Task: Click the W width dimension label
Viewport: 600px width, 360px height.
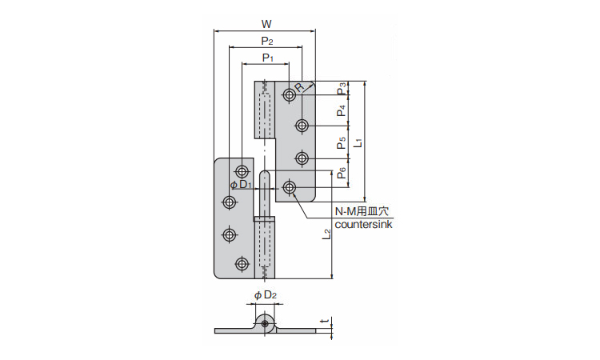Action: point(265,23)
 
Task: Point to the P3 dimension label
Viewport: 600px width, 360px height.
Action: point(342,88)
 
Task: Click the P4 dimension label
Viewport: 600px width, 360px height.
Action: point(342,110)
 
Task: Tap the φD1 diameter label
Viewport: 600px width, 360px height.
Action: point(241,186)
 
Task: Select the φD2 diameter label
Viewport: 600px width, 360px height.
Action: point(265,295)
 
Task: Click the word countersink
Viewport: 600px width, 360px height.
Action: point(363,225)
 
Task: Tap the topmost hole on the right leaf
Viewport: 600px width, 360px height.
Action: point(289,95)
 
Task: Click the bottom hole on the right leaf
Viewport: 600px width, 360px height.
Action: point(289,188)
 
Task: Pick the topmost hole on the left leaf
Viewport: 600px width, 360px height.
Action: point(242,172)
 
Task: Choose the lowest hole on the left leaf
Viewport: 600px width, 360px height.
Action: point(242,263)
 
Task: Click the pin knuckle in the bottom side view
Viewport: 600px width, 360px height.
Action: point(265,323)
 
